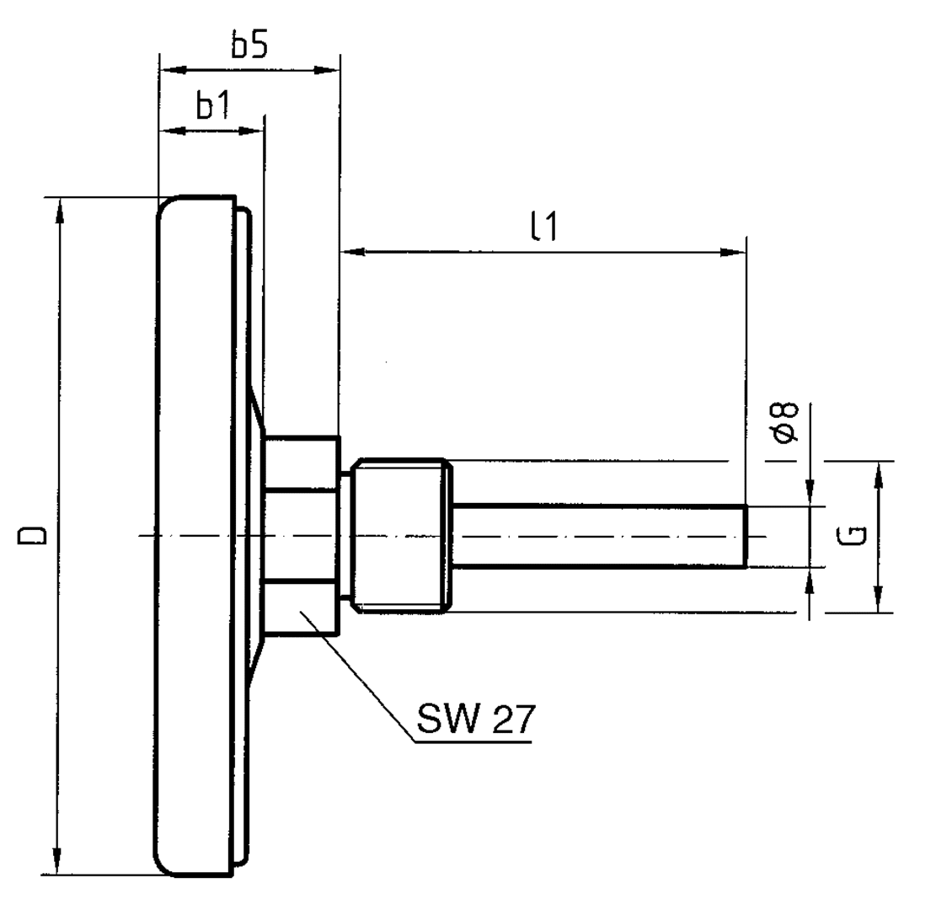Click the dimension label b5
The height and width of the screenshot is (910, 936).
tap(249, 47)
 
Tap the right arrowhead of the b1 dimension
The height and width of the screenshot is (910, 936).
tap(254, 131)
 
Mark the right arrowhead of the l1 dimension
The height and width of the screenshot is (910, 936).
tap(735, 251)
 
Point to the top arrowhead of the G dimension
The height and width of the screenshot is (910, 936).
tap(878, 472)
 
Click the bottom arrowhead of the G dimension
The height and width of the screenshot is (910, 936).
tap(878, 602)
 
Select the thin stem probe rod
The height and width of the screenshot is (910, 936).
tap(598, 536)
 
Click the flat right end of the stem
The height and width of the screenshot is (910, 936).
tap(746, 536)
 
